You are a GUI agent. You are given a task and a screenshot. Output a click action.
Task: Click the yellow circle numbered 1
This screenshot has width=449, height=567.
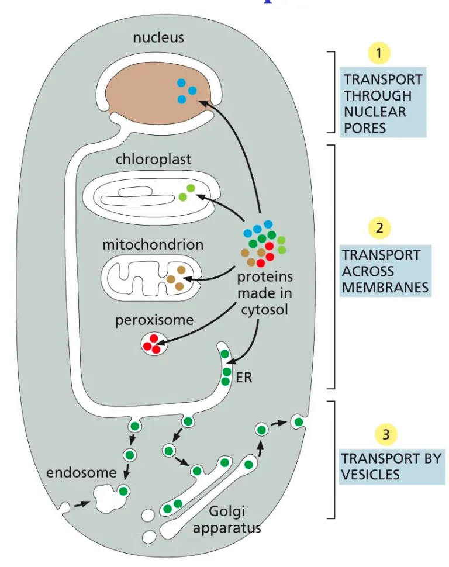[x=379, y=54]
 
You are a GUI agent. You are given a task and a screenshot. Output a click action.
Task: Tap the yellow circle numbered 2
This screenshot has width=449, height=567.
[x=379, y=228]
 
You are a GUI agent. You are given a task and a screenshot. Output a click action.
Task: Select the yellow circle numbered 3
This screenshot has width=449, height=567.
[x=385, y=434]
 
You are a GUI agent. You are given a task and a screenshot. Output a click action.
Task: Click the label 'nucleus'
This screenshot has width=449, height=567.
[x=158, y=38]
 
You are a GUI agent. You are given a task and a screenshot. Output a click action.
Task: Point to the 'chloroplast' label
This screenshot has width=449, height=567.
[x=153, y=159]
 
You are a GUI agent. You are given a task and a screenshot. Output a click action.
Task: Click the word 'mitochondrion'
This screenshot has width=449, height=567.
[x=153, y=244]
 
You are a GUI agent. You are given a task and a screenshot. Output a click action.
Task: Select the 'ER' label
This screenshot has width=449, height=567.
[x=244, y=378]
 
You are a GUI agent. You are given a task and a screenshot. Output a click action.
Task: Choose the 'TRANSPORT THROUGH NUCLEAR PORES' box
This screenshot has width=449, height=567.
[x=382, y=103]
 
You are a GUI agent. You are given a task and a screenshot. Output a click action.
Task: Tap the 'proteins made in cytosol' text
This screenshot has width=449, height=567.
[x=265, y=293]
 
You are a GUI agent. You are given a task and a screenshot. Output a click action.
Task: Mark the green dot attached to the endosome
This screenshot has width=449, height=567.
[x=123, y=490]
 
